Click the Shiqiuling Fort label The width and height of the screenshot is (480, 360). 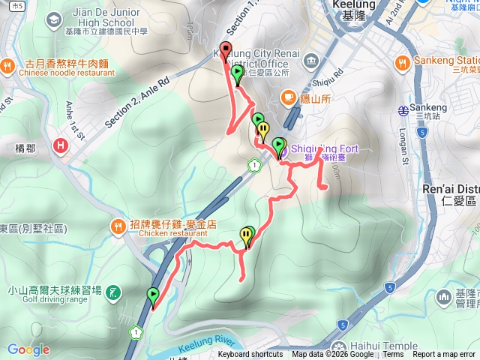322,148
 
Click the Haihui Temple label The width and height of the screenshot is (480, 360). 412,346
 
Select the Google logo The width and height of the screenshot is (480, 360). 28,349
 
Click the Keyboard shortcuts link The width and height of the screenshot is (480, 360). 250,355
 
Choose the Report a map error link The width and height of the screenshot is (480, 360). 444,355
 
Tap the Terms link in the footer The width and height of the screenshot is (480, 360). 393,355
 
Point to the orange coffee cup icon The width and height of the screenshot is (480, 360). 288,96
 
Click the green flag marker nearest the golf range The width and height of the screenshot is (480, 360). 154,295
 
